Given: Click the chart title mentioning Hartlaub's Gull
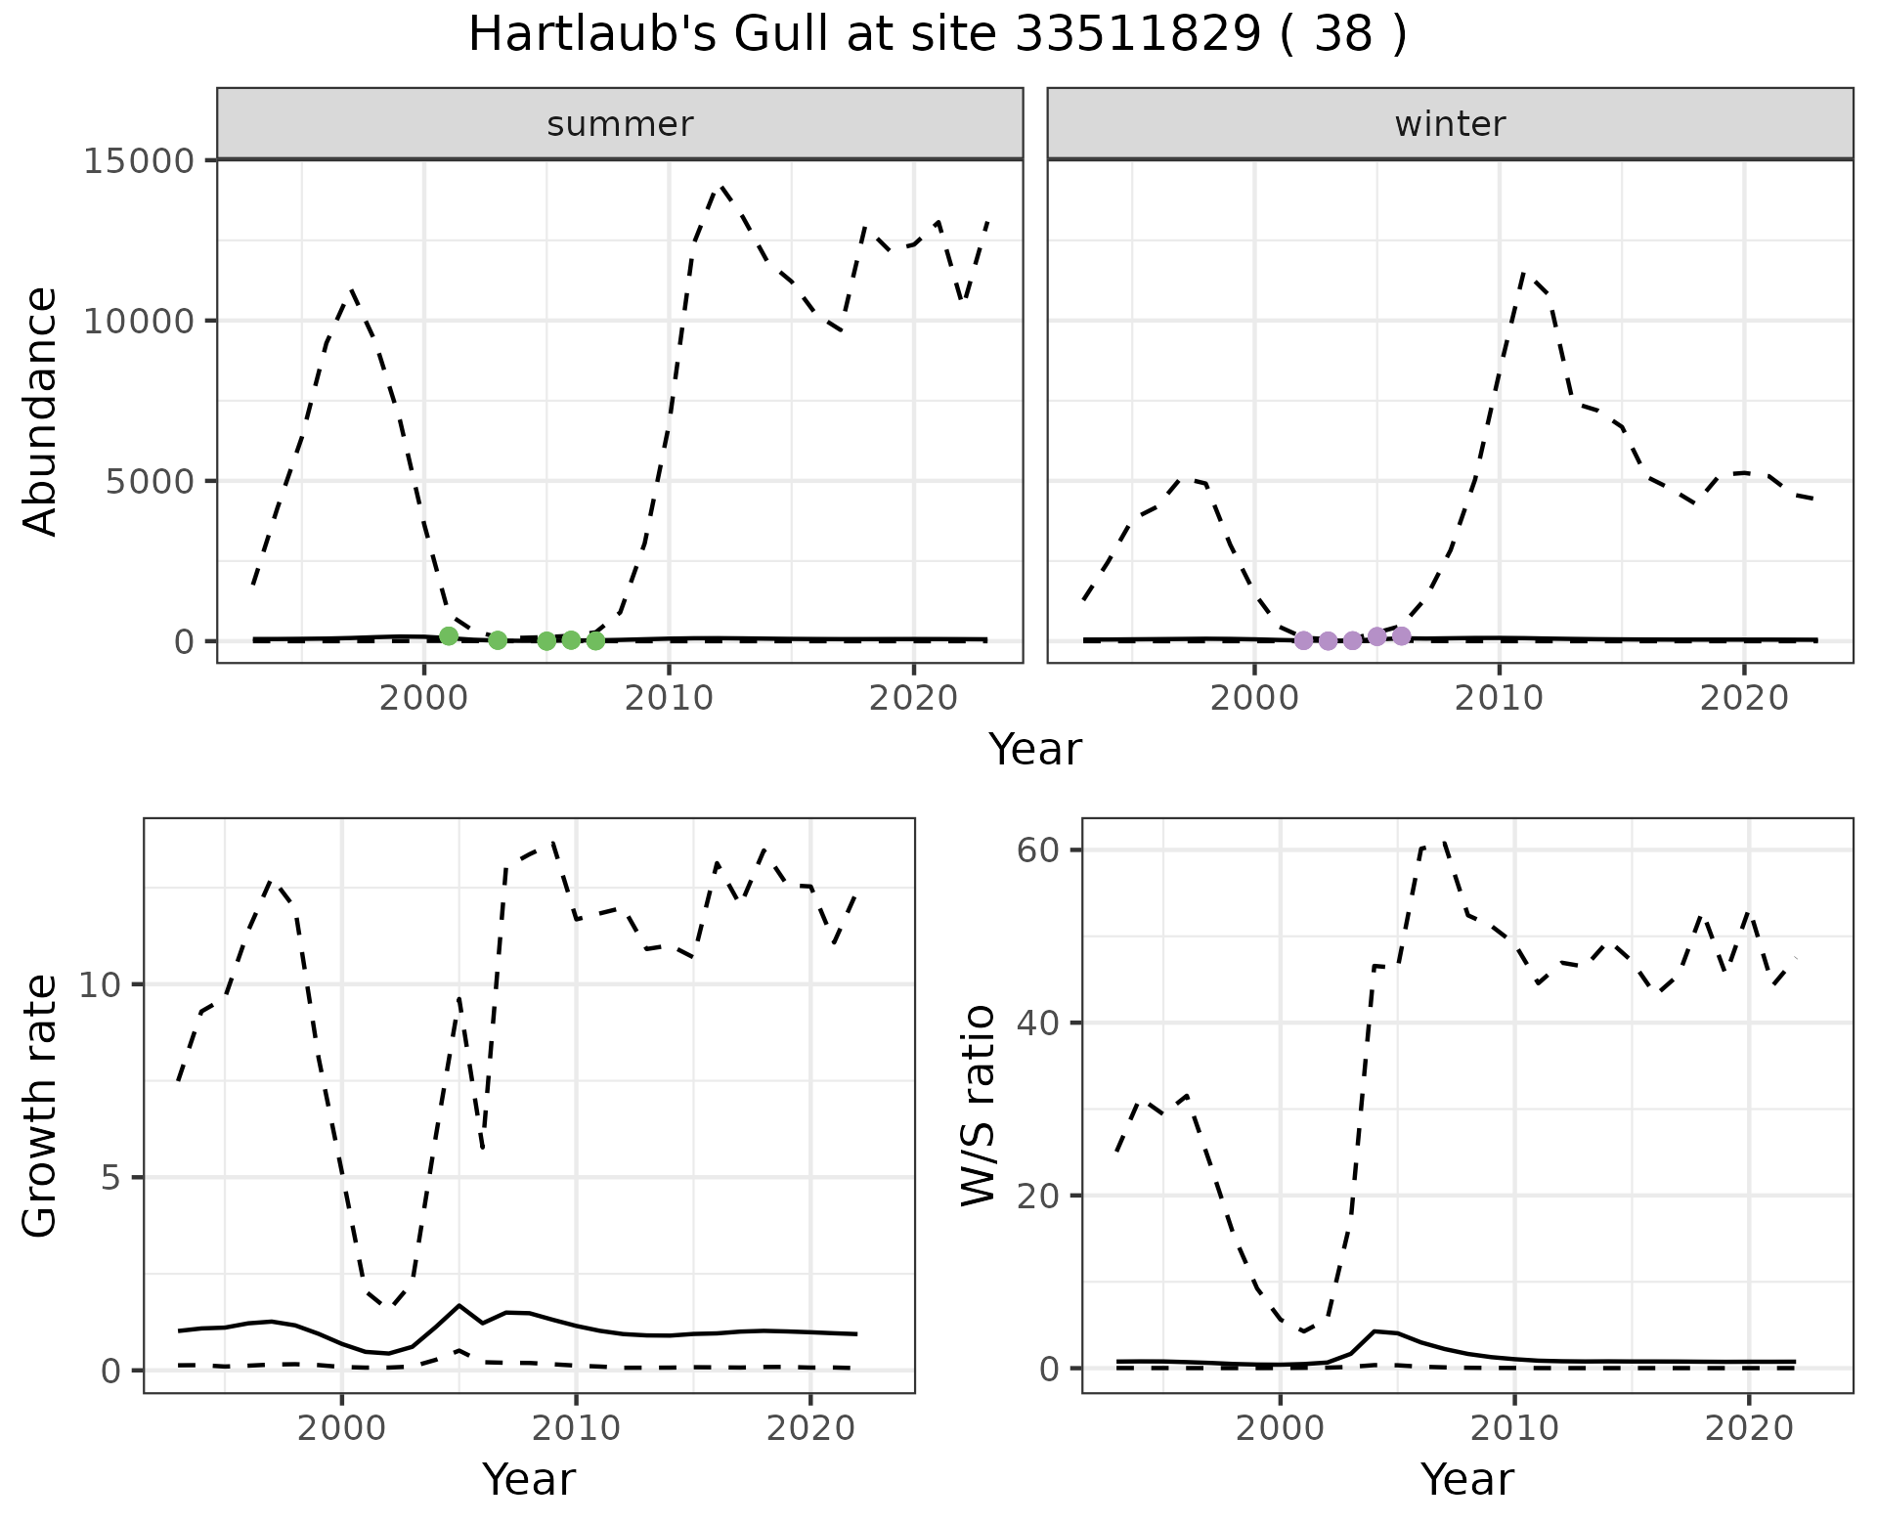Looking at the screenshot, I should point(938,35).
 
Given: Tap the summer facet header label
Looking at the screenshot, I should point(620,124).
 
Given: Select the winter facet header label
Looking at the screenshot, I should point(1450,124).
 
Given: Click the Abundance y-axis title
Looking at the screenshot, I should point(41,411).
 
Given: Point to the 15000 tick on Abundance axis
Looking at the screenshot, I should point(139,160).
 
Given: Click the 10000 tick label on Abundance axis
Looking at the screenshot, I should point(139,321).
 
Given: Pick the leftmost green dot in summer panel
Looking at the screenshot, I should point(449,635).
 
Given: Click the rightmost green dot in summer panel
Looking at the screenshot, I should point(595,640).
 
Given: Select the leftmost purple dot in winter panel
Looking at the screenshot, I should point(1303,640).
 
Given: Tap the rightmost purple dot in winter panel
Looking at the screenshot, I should point(1401,636).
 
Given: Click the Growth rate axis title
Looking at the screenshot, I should point(41,1105).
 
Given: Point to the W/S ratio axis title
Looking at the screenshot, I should point(978,1105).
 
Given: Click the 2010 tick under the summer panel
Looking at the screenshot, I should point(669,698).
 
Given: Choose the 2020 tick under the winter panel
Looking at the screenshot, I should point(1743,698).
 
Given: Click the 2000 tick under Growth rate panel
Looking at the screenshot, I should point(341,1428).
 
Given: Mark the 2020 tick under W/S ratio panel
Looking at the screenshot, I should point(1748,1428).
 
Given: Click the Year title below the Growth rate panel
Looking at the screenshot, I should point(529,1479).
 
